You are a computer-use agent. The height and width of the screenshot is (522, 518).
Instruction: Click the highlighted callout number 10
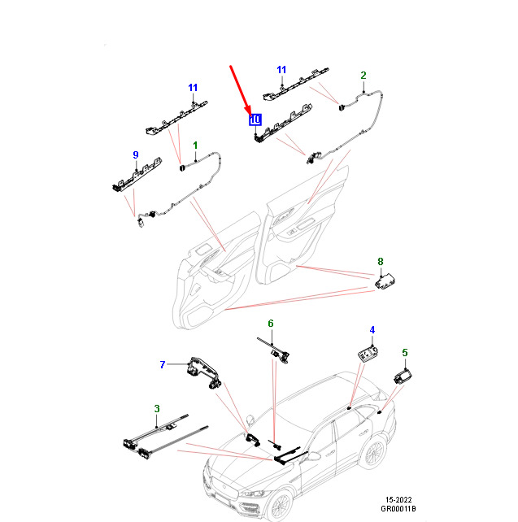255,120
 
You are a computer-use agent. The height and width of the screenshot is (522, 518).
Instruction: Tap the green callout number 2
363,76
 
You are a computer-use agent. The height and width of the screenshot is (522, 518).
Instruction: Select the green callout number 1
195,146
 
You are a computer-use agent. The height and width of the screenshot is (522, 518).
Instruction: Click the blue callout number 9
136,154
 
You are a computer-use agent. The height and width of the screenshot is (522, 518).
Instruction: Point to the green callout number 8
381,262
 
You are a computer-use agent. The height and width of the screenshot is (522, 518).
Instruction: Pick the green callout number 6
271,324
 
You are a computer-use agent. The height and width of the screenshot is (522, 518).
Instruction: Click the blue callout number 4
372,330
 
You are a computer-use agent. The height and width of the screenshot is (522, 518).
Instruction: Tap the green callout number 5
405,353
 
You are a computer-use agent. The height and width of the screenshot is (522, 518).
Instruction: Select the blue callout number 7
163,364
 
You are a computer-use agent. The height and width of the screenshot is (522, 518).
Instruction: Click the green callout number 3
157,408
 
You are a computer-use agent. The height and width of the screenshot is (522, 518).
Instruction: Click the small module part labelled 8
385,281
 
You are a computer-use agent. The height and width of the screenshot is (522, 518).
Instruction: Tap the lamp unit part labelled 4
368,353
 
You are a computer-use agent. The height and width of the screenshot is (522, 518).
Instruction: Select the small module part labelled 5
403,376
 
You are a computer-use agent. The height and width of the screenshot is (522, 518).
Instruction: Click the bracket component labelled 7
204,372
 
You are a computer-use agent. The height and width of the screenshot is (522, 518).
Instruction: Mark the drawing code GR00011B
398,509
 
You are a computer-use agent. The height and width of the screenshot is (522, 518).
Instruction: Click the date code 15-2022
398,500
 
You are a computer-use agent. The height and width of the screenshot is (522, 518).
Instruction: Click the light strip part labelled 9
137,176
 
